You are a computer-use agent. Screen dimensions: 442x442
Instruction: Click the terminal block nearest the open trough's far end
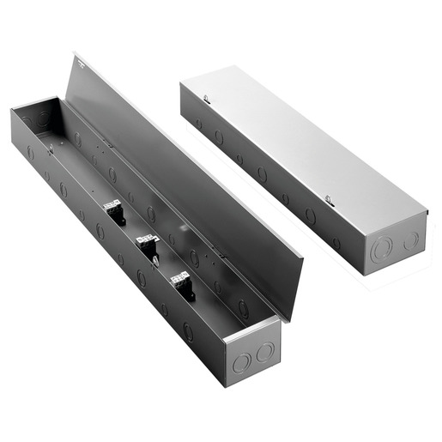113,211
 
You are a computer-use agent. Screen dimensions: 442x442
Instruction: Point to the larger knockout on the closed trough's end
382,250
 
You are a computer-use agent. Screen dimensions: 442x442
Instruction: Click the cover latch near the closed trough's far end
207,100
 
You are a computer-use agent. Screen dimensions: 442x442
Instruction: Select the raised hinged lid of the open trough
189,180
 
